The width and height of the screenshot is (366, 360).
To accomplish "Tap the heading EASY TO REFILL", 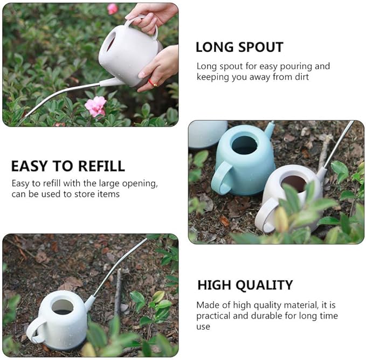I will (x=68, y=166).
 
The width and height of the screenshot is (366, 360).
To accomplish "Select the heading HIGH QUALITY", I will (x=245, y=285).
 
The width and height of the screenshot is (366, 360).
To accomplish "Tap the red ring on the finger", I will (x=153, y=82).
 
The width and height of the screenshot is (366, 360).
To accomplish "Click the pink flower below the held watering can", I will (x=96, y=106).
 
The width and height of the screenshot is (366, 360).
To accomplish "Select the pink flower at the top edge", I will (x=112, y=8).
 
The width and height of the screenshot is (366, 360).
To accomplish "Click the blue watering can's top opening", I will (x=244, y=144).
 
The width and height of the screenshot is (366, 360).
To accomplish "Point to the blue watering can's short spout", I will (x=269, y=129).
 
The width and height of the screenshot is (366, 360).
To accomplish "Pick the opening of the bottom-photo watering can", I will (x=63, y=306).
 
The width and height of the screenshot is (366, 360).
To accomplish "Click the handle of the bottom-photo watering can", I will (x=34, y=330).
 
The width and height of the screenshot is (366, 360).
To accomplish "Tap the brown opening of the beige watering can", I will (x=294, y=183).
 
